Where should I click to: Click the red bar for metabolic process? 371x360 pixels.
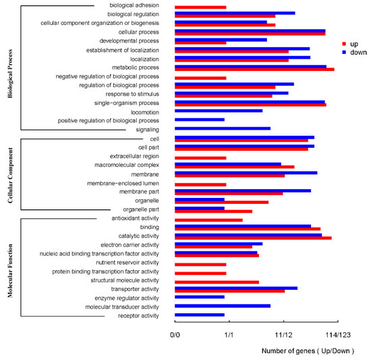tap(254, 69)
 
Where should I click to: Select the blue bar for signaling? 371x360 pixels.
tap(222, 128)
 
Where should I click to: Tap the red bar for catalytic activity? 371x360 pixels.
tap(253, 238)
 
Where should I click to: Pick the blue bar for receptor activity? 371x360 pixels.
tap(199, 315)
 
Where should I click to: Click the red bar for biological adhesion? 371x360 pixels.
tap(200, 7)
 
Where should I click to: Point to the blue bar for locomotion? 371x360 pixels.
tap(219, 110)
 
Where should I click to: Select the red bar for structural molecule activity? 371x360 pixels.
tap(217, 282)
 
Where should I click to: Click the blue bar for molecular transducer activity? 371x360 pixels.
tap(222, 306)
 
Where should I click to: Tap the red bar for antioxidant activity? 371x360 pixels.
tap(208, 220)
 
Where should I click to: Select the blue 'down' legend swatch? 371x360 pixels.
tap(343, 52)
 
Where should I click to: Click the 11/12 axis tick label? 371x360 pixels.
tap(283, 334)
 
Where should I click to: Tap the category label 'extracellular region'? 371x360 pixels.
tap(134, 157)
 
